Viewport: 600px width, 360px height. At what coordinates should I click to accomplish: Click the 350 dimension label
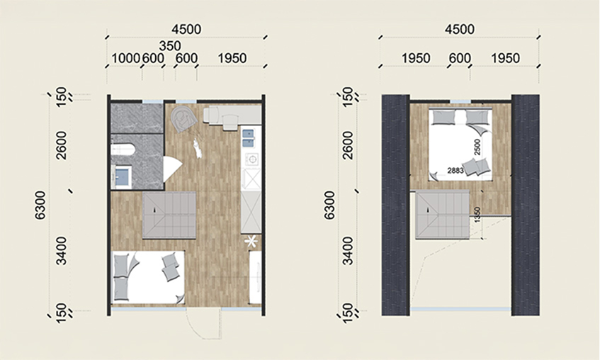170,46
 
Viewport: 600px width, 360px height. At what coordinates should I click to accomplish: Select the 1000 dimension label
125,58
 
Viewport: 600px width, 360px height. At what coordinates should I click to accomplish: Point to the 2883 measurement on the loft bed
455,171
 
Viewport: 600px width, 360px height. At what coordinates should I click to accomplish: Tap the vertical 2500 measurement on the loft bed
477,147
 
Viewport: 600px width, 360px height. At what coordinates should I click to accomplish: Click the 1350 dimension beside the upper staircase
477,215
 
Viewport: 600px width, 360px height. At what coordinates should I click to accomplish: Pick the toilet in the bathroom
122,149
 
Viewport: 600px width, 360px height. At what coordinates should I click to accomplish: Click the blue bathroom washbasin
122,177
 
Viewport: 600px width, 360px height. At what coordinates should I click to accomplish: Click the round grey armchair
183,118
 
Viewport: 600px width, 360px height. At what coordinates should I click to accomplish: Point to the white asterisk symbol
251,241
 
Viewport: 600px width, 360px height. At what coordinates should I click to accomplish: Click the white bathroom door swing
171,169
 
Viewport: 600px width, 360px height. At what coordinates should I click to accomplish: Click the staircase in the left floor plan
169,215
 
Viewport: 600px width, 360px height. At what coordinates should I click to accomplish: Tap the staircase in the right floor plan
443,215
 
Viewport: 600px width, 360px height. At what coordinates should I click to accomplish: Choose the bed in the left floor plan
149,277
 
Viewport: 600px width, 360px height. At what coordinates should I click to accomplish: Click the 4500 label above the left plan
187,30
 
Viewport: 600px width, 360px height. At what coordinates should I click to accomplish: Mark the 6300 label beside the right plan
329,206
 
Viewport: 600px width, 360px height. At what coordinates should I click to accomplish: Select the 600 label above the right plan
460,58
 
